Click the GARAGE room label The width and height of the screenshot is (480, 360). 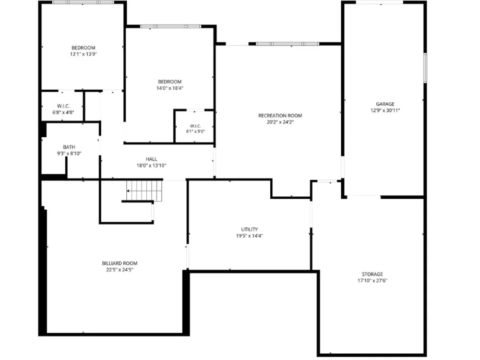(x=385, y=104)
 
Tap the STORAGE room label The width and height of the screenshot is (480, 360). (x=372, y=274)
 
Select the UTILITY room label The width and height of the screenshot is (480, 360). (x=250, y=229)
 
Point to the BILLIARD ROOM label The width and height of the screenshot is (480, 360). (x=120, y=263)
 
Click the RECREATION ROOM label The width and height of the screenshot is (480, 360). (x=280, y=115)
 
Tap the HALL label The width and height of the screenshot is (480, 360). (x=152, y=159)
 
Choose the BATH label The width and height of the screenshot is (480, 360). (x=69, y=147)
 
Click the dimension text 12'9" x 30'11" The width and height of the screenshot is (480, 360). (x=385, y=110)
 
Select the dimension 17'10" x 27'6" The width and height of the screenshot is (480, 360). (x=372, y=280)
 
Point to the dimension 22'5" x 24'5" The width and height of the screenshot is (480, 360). (x=120, y=269)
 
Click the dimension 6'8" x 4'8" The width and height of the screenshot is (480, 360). (x=63, y=112)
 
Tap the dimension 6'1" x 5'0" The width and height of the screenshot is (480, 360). (x=195, y=132)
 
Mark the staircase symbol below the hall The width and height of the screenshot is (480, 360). (x=144, y=191)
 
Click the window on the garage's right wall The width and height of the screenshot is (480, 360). (x=425, y=68)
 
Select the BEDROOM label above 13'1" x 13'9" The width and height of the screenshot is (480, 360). (x=83, y=48)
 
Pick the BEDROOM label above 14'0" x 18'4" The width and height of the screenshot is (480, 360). (x=169, y=82)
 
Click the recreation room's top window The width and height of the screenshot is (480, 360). (x=288, y=44)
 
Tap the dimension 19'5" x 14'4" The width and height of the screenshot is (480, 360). (x=250, y=235)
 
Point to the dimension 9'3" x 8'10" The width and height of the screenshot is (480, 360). (x=69, y=154)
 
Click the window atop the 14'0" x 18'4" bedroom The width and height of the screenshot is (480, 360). (x=170, y=26)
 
